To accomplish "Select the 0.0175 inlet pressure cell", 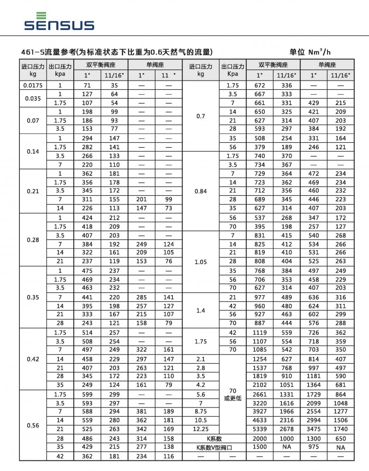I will pyautogui.click(x=33, y=85).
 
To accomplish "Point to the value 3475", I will pyautogui.click(x=314, y=429).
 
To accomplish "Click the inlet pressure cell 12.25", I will pyautogui.click(x=201, y=429).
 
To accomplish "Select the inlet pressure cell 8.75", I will pyautogui.click(x=201, y=412).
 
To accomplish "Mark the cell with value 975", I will pyautogui.click(x=314, y=447).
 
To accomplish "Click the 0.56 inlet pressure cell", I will pyautogui.click(x=33, y=425).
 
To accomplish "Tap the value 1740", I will pyautogui.click(x=340, y=429).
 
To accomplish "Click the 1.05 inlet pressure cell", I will pyautogui.click(x=201, y=262).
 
